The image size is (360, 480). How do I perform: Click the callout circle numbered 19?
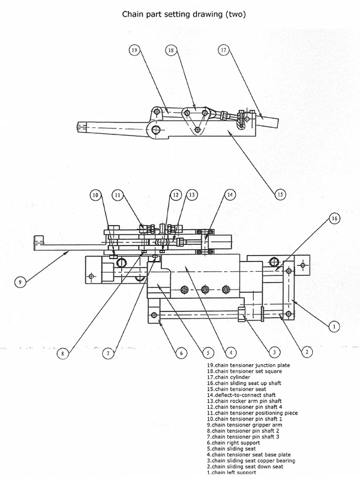[x=134, y=50]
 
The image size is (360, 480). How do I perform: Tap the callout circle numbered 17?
[x=224, y=50]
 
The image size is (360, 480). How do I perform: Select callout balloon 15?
[x=280, y=194]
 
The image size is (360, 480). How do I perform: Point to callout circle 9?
[x=20, y=281]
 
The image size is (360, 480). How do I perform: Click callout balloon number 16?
[x=334, y=218]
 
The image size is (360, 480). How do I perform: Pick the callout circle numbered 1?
[x=334, y=326]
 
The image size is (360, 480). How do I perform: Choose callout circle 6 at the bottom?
[x=181, y=353]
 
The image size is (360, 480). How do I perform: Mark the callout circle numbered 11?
[x=118, y=195]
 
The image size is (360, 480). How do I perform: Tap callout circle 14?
[x=230, y=194]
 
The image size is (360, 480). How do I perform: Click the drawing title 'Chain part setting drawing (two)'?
[x=184, y=14]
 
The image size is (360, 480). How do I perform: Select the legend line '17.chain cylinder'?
[x=229, y=377]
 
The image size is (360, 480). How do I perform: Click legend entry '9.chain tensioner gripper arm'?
[x=245, y=425]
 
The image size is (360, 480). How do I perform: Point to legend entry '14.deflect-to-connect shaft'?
[x=241, y=395]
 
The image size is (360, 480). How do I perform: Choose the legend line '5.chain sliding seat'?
[x=231, y=449]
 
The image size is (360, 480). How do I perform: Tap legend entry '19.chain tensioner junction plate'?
[x=248, y=365]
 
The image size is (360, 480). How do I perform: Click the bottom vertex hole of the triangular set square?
[x=198, y=130]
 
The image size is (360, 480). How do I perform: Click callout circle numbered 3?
[x=274, y=352]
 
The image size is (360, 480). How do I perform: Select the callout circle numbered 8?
[x=63, y=353]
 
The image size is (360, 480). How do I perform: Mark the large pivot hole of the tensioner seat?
[x=156, y=130]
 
